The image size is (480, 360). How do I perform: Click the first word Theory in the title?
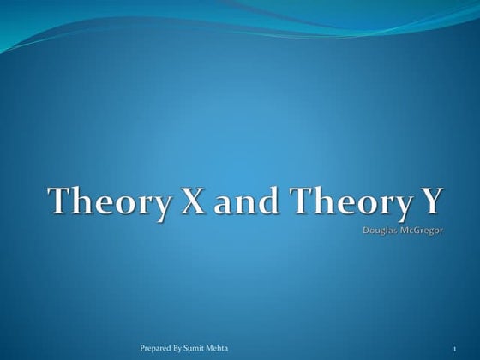pyautogui.click(x=101, y=202)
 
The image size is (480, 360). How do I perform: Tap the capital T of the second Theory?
pyautogui.click(x=301, y=202)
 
